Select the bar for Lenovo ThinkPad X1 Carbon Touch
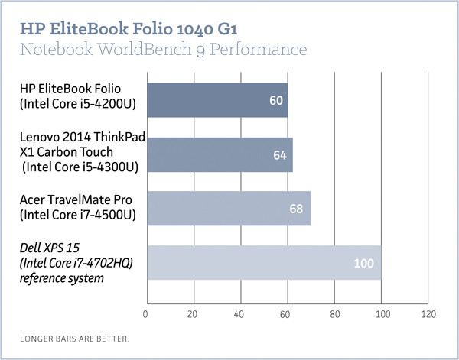tap(219, 154)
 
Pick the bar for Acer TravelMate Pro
tap(228, 209)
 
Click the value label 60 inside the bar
tap(276, 101)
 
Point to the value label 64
tap(280, 155)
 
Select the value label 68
tap(298, 209)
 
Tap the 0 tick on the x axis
tap(145, 313)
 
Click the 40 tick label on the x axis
tap(239, 313)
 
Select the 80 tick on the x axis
tap(334, 313)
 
